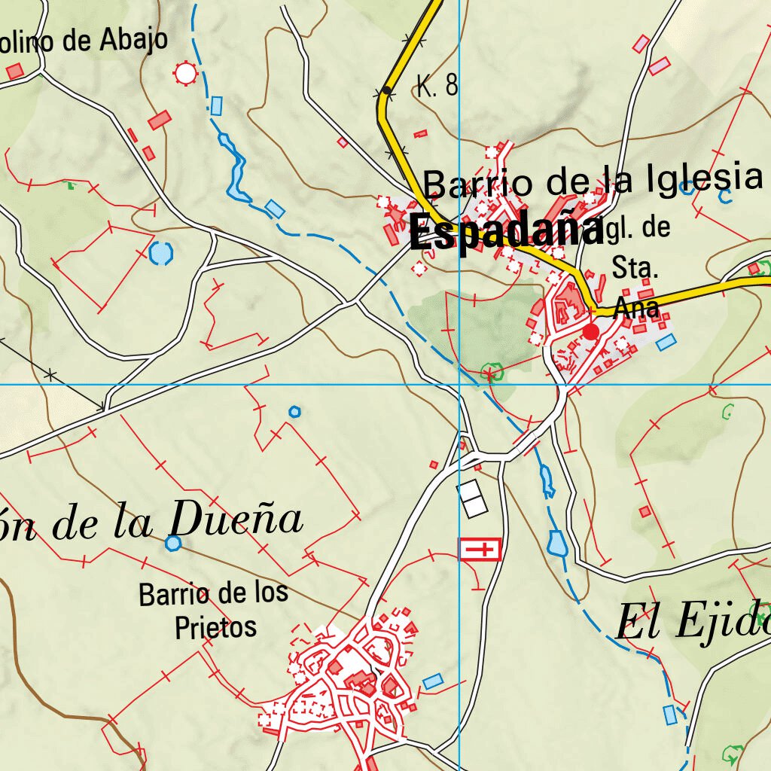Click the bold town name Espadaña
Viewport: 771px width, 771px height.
click(506, 232)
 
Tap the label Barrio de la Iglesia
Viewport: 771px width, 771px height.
click(593, 181)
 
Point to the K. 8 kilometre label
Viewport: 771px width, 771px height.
click(437, 86)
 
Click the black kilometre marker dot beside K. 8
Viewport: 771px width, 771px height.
click(386, 90)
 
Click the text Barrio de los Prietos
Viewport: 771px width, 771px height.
click(214, 610)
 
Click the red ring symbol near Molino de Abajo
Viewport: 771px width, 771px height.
click(184, 73)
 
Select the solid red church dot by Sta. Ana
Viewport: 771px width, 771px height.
click(591, 331)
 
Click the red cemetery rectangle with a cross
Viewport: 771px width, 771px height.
click(480, 550)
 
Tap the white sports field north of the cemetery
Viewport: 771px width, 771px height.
click(473, 498)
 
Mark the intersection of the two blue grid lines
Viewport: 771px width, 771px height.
click(459, 385)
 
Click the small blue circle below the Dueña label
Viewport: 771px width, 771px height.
click(173, 543)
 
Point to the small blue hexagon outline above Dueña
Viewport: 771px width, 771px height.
click(294, 411)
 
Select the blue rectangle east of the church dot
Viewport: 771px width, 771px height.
click(666, 343)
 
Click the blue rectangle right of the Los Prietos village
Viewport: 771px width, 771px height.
click(432, 681)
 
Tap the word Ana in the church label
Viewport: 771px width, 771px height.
click(637, 307)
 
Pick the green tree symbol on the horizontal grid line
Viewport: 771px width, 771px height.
click(491, 373)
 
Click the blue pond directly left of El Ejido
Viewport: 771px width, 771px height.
click(557, 543)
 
